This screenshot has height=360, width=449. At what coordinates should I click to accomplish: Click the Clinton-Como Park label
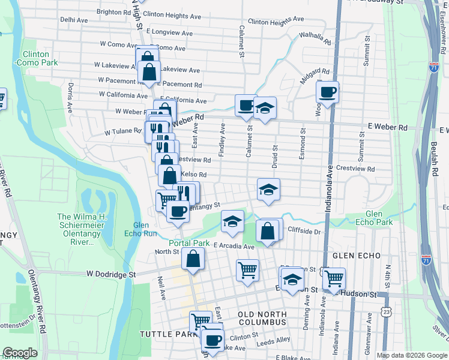pyautogui.click(x=35, y=58)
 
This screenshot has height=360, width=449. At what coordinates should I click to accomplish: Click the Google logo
pyautogui.click(x=20, y=353)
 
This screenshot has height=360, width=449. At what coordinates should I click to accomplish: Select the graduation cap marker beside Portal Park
pyautogui.click(x=232, y=221)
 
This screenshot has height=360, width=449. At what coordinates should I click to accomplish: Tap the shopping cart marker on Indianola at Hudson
pyautogui.click(x=334, y=278)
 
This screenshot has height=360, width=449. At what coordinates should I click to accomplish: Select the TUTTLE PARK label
pyautogui.click(x=164, y=334)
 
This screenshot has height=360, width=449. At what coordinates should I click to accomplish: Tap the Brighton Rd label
pyautogui.click(x=113, y=11)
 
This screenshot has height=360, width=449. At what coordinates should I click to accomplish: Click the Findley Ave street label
pyautogui.click(x=222, y=140)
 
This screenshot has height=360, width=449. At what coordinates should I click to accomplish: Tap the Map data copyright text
pyautogui.click(x=412, y=355)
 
